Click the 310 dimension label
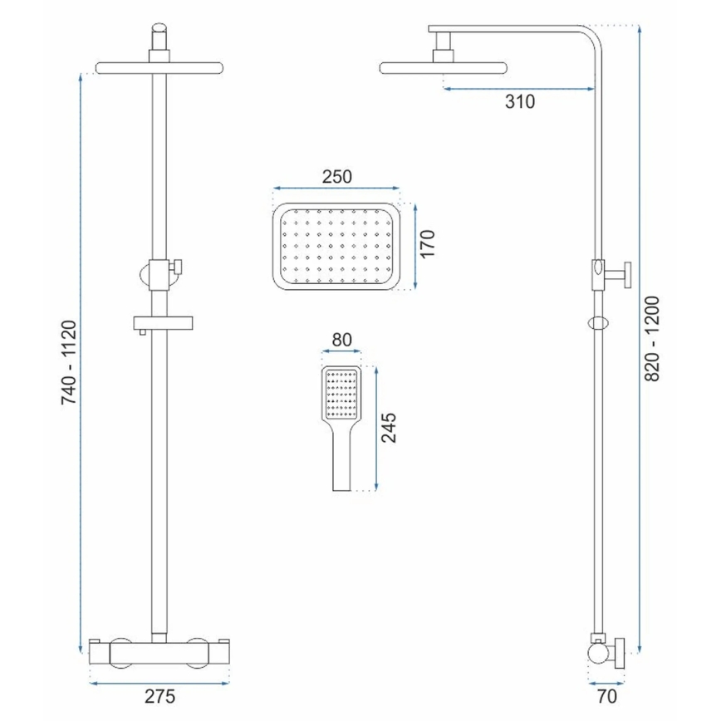(520, 102)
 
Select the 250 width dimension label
(337, 177)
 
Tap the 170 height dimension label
(427, 245)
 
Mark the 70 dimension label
(606, 694)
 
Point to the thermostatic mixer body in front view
(158, 651)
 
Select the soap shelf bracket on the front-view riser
(163, 322)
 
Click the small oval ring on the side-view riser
(597, 322)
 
